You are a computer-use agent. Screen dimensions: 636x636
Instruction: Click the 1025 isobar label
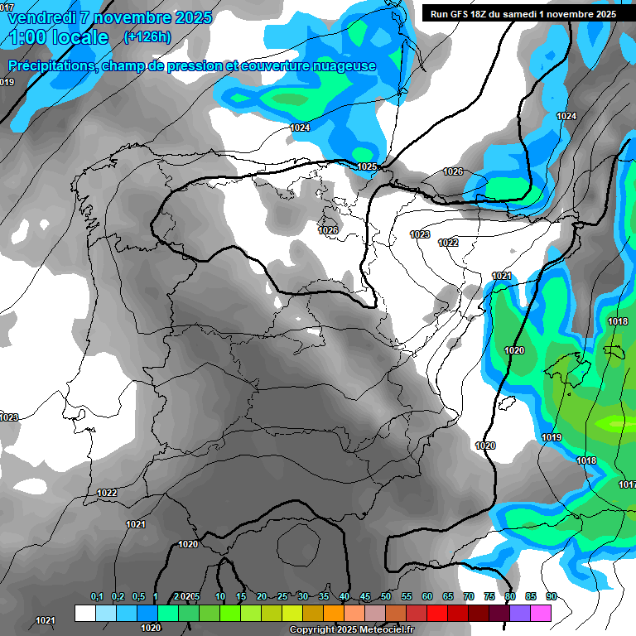click(367, 166)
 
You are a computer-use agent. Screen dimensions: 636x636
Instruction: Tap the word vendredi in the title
click(41, 17)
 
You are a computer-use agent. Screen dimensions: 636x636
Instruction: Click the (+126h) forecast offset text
click(147, 36)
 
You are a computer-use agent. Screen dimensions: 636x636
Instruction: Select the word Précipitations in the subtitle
click(50, 65)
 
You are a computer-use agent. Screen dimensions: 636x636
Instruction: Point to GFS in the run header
click(460, 14)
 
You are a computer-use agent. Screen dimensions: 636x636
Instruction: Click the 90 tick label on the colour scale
click(552, 596)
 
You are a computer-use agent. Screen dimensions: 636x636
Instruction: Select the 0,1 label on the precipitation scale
click(97, 596)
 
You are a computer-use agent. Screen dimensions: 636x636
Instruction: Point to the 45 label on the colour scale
click(365, 596)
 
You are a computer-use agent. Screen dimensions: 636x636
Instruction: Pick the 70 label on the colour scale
click(469, 596)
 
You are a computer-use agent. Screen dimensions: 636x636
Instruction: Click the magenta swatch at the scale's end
click(541, 612)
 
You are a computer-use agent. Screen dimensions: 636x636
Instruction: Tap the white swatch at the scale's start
click(84, 612)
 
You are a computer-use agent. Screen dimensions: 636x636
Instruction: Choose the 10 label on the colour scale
click(220, 596)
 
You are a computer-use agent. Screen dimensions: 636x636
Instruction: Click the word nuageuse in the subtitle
click(341, 65)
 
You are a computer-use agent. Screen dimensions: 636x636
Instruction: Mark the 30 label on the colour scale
click(303, 596)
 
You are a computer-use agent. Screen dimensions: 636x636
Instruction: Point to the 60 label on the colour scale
click(427, 596)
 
